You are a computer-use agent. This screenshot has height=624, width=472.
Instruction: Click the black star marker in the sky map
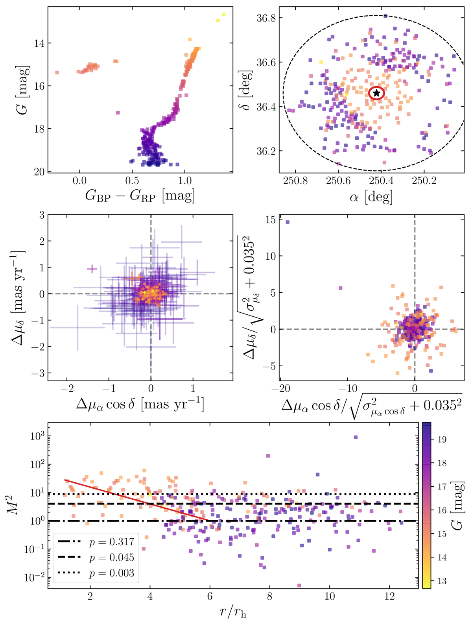click(376, 93)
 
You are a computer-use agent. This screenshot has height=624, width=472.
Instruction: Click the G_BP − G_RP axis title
click(140, 195)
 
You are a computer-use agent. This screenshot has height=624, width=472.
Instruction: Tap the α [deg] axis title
click(371, 196)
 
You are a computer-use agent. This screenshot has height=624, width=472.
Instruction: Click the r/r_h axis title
click(233, 612)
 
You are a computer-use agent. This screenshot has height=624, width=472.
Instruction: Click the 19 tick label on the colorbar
click(441, 439)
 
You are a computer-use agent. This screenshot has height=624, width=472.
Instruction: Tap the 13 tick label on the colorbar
click(441, 581)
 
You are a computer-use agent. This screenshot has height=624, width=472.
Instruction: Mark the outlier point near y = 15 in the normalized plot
click(288, 222)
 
